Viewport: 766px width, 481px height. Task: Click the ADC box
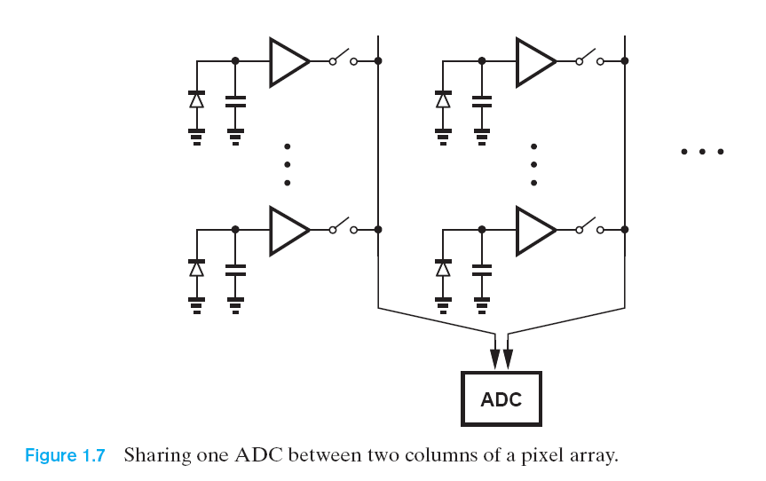pyautogui.click(x=501, y=398)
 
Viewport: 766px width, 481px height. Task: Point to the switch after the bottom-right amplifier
pyautogui.click(x=590, y=227)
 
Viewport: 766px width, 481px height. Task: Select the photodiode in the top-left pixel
pyautogui.click(x=196, y=99)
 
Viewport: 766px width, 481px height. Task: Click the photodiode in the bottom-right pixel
pyautogui.click(x=443, y=268)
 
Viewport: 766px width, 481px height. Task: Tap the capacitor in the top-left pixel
pyautogui.click(x=235, y=100)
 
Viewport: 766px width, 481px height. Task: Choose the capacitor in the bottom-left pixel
pyautogui.click(x=235, y=269)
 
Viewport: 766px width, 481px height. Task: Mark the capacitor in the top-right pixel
pyautogui.click(x=482, y=100)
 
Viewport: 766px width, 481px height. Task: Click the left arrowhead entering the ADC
pyautogui.click(x=494, y=358)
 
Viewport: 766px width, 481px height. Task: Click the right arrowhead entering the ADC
pyautogui.click(x=508, y=358)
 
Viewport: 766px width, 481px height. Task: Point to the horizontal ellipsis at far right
pyautogui.click(x=702, y=152)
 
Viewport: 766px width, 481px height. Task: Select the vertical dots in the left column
pyautogui.click(x=287, y=165)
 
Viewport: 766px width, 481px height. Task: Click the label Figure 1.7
pyautogui.click(x=65, y=456)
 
